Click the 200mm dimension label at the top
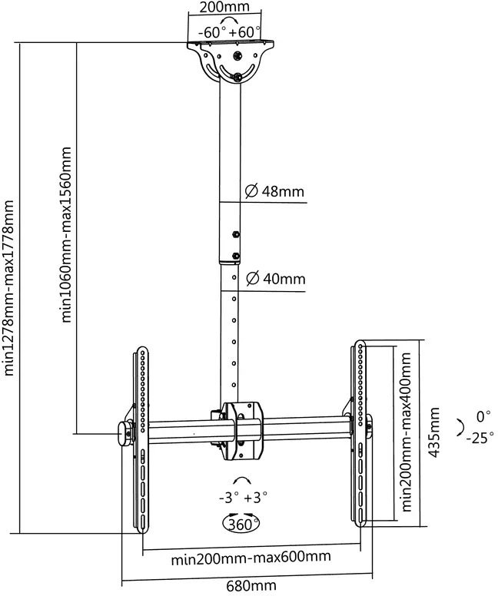224,6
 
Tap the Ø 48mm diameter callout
274,190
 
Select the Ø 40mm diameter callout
276,279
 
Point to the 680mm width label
251,587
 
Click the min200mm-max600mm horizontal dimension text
251,558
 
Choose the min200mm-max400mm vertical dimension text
406,432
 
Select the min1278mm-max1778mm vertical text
8,288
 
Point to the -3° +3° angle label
243,497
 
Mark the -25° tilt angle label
480,438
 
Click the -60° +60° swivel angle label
230,32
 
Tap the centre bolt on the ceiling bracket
237,56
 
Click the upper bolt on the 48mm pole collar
235,234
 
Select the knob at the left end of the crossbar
124,434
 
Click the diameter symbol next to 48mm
251,190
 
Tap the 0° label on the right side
484,416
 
